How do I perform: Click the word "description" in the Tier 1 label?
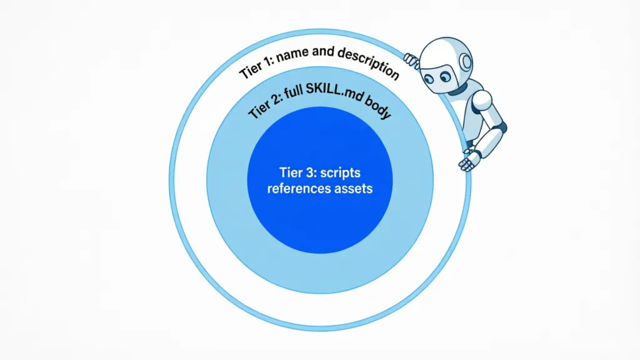tap(369, 62)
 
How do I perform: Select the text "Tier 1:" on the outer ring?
tap(256, 67)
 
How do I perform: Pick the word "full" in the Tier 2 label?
tap(293, 94)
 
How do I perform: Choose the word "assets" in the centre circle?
tap(354, 189)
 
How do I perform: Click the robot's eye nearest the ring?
tap(429, 79)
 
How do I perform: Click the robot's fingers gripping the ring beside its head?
tap(411, 61)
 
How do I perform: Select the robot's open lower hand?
tap(469, 160)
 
